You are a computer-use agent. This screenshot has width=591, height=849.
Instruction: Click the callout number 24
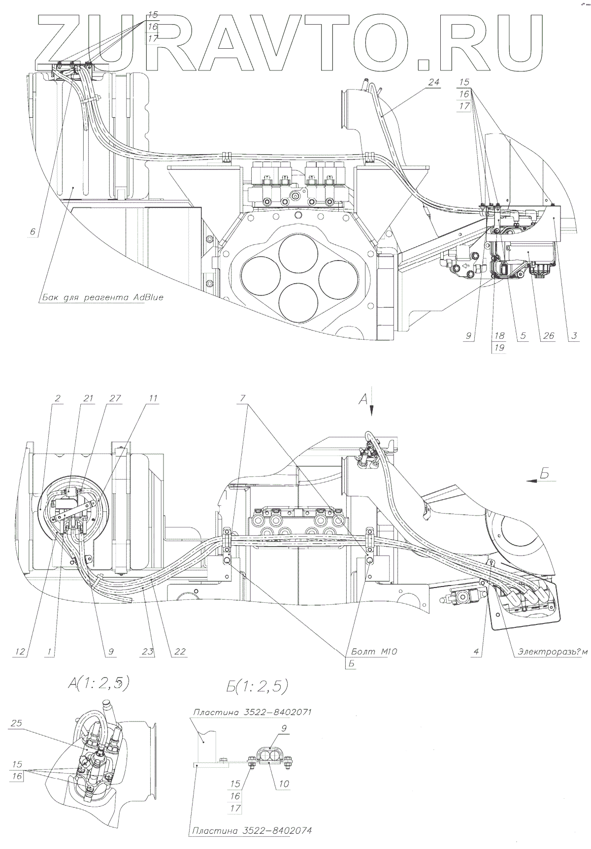coord(433,82)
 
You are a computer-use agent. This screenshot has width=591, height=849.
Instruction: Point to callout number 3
coord(574,336)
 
